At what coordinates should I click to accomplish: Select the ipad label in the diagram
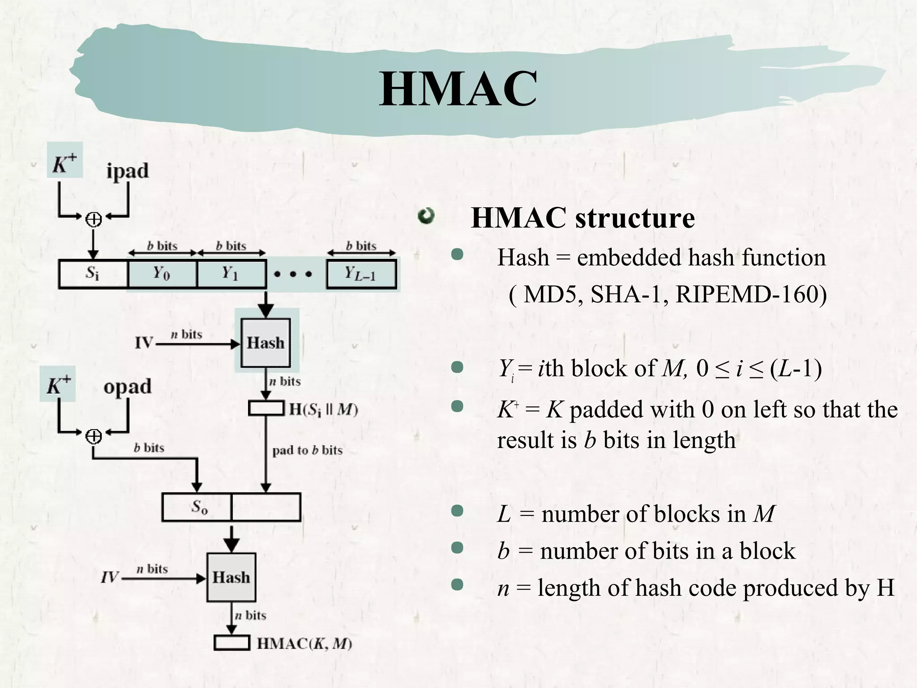coord(127,171)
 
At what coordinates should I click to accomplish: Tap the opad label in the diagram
coord(128,387)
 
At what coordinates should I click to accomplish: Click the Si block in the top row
coord(93,273)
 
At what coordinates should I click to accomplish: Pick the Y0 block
coord(162,273)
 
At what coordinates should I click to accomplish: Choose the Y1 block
coord(231,273)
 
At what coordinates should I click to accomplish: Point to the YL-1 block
coord(361,274)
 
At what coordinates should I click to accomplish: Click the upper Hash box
coord(266,343)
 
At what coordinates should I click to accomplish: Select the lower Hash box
coord(231,577)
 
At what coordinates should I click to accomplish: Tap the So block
coord(197,507)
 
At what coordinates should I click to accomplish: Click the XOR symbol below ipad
coord(94,219)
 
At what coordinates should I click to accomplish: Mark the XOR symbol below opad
coord(94,436)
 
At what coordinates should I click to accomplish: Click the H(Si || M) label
coord(323,409)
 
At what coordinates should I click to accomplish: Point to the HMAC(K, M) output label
coord(304,644)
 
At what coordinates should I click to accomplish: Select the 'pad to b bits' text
coord(308,450)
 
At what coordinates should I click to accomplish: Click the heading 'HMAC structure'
coord(583,218)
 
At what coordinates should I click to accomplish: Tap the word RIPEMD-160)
coord(751,294)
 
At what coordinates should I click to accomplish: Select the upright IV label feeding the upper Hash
coord(144,343)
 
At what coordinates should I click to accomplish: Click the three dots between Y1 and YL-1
coord(292,274)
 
